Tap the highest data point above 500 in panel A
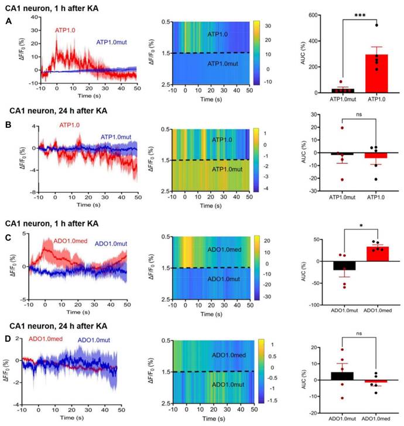point(367,25)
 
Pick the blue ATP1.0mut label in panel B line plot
point(115,137)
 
